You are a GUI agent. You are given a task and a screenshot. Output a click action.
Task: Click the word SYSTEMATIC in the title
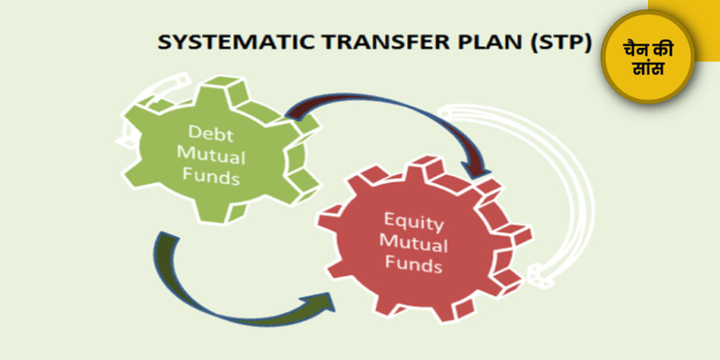[235, 43]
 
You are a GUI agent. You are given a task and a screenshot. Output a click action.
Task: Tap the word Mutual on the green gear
[212, 156]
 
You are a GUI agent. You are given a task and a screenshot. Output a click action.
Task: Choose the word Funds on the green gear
[212, 177]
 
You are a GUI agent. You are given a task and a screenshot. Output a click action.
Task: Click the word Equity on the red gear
[415, 223]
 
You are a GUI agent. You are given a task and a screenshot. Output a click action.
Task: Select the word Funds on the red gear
[415, 264]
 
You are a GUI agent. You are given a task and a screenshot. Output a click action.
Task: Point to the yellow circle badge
[648, 57]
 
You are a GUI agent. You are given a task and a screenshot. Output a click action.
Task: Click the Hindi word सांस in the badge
[648, 69]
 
